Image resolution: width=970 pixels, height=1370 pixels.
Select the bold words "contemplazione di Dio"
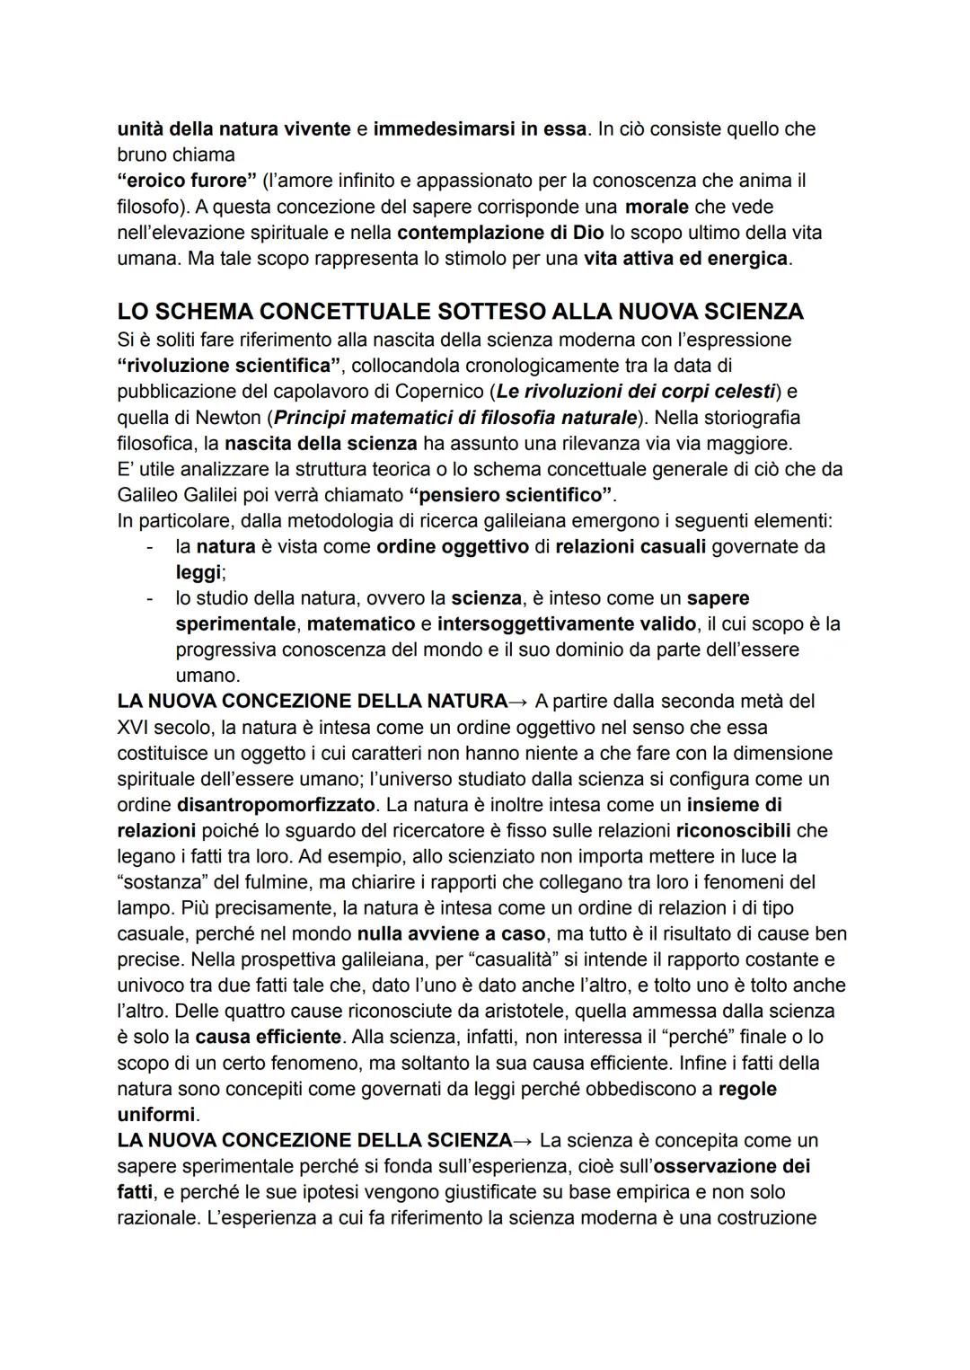pyautogui.click(x=500, y=233)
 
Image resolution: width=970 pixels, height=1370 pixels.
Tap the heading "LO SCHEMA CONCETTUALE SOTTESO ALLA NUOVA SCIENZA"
pyautogui.click(x=460, y=312)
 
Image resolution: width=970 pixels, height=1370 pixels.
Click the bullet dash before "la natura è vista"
pyautogui.click(x=150, y=546)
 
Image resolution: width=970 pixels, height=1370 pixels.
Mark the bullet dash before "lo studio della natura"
pyautogui.click(x=150, y=598)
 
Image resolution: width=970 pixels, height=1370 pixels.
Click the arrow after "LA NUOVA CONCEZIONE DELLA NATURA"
pyautogui.click(x=520, y=701)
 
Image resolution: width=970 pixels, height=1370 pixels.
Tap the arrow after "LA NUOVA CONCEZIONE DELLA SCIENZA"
pyautogui.click(x=525, y=1141)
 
